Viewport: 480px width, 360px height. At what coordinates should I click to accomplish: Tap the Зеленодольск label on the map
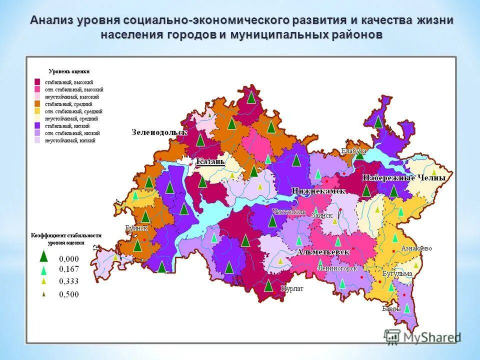(x=159, y=132)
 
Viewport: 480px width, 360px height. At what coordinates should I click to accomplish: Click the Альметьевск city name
(x=323, y=252)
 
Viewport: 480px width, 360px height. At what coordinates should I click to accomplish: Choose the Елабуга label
(x=353, y=150)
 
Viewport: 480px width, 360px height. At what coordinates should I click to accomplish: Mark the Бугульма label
(x=397, y=273)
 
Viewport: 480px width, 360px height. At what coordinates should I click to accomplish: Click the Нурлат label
(x=292, y=289)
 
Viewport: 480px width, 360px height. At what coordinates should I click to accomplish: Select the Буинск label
(x=136, y=228)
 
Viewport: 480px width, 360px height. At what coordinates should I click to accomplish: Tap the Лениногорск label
(x=337, y=268)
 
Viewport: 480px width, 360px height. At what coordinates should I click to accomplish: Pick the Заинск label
(x=322, y=215)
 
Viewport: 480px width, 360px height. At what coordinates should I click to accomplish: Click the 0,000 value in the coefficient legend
(x=69, y=258)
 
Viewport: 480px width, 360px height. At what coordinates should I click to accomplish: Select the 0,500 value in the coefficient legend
(x=69, y=294)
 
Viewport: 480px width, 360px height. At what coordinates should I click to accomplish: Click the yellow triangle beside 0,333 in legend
(x=44, y=281)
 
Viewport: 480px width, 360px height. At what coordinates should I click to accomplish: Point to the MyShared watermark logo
(x=422, y=337)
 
